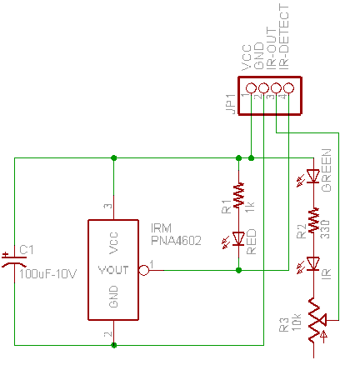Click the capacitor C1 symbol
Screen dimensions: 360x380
click(x=14, y=261)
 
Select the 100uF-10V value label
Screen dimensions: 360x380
click(x=47, y=274)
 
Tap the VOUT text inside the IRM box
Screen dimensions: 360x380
click(x=113, y=270)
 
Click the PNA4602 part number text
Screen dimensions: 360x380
click(x=176, y=241)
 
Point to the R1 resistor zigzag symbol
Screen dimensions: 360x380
click(x=238, y=195)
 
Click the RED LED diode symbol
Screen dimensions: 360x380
click(x=238, y=239)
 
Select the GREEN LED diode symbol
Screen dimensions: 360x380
click(x=313, y=177)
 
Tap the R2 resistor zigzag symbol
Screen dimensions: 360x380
click(x=313, y=220)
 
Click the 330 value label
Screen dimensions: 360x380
click(x=325, y=229)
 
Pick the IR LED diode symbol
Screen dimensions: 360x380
click(x=313, y=264)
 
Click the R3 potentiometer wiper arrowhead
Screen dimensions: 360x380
click(x=322, y=320)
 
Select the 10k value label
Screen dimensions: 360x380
click(x=297, y=322)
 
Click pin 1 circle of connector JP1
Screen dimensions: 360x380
click(x=251, y=88)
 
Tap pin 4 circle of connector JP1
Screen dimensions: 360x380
click(x=288, y=88)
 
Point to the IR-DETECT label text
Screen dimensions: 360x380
click(x=283, y=37)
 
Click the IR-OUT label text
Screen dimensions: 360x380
click(x=272, y=48)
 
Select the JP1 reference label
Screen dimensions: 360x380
click(x=231, y=104)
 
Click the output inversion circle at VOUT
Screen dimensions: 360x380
click(x=144, y=270)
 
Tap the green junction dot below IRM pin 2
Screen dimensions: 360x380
click(x=113, y=345)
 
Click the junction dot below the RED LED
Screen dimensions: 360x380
click(x=238, y=270)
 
